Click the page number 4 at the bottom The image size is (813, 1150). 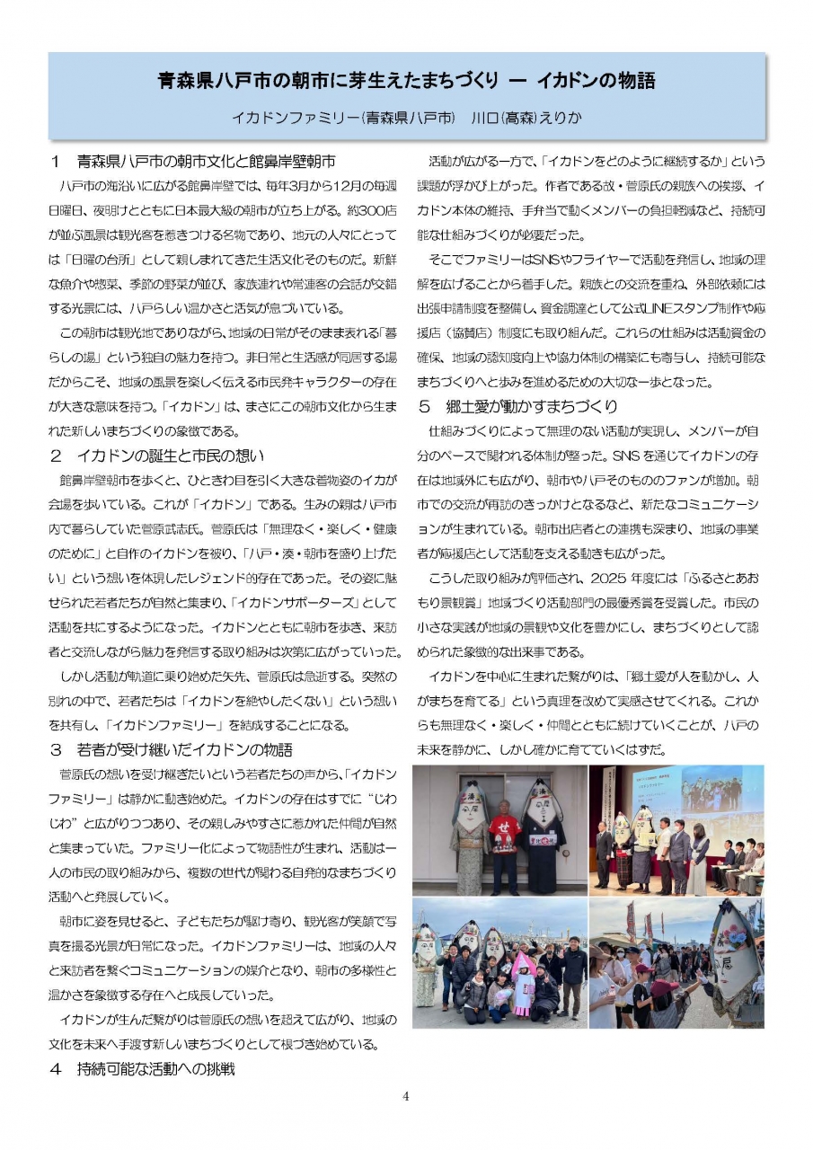click(406, 1095)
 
